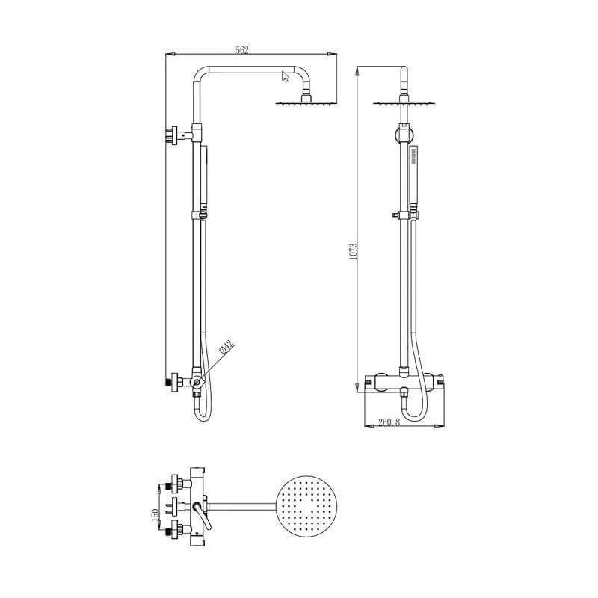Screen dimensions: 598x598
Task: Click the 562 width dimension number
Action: point(241,50)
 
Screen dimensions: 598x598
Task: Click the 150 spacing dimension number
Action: point(155,515)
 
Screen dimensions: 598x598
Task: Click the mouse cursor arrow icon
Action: point(286,75)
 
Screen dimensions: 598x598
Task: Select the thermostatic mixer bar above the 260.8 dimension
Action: point(403,381)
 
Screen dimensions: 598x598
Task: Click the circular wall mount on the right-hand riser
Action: point(404,135)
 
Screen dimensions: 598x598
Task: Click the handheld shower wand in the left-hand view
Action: point(202,179)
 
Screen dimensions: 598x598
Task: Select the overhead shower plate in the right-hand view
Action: point(404,103)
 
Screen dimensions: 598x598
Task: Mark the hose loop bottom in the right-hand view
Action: point(411,413)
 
